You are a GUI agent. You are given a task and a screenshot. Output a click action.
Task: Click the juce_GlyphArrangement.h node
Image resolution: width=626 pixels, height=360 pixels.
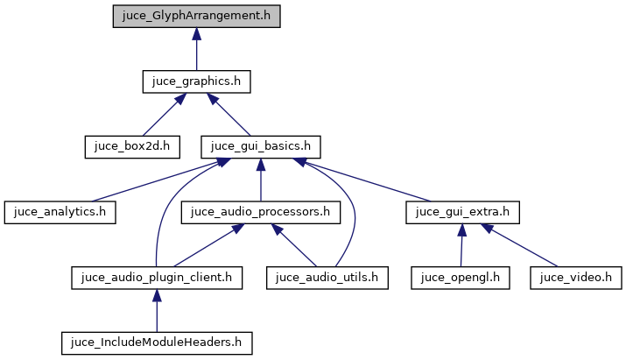coord(196,18)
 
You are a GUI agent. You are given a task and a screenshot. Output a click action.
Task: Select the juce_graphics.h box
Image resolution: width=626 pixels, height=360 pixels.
coord(196,81)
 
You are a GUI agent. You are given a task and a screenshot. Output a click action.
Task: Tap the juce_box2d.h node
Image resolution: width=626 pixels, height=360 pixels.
coord(131,145)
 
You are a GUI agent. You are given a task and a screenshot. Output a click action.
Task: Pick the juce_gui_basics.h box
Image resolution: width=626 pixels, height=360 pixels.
coord(261,145)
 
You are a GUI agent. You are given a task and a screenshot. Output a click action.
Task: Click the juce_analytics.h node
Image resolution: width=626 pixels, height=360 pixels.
coord(60,211)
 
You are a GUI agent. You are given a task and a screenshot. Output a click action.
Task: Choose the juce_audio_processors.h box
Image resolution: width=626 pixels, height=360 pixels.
coord(260,211)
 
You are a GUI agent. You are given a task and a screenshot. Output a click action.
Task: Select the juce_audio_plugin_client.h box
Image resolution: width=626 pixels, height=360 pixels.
coord(155,278)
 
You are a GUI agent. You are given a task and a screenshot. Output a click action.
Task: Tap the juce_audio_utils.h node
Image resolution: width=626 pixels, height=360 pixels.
coord(327,278)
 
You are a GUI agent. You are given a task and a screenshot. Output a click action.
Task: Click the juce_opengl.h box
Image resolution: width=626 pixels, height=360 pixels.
coord(461,278)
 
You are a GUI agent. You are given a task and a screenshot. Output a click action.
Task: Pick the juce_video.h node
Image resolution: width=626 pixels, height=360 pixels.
coord(575,278)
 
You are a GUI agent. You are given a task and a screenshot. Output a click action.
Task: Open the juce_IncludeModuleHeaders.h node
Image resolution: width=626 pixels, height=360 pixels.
coord(155,342)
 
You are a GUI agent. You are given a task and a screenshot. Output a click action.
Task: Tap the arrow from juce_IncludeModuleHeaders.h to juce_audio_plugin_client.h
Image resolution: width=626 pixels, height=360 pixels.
coord(155,311)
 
